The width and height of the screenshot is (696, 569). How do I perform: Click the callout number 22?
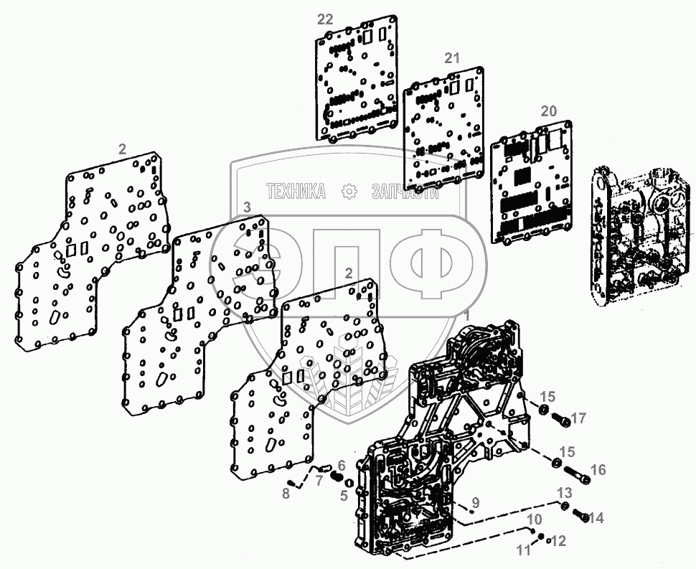tap(325, 19)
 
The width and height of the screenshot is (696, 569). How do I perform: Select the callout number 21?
tap(451, 59)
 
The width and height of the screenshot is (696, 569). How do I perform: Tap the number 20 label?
tap(548, 111)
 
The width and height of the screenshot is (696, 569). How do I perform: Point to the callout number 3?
tap(246, 207)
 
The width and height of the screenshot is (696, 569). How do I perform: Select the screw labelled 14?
tap(582, 515)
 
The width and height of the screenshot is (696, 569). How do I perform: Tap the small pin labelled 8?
tap(292, 481)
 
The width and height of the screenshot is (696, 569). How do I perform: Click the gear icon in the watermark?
tap(349, 192)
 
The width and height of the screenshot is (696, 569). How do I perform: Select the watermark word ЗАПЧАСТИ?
tap(405, 192)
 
